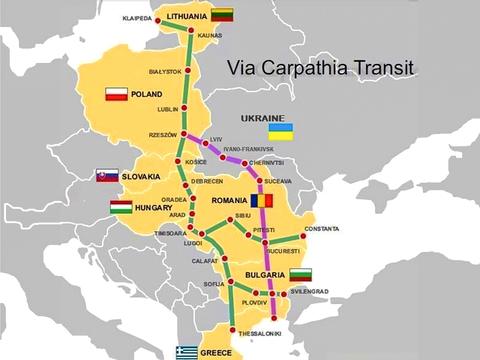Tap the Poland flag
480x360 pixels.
(116, 95)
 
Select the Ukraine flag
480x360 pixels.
(280, 132)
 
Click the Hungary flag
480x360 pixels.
(121, 207)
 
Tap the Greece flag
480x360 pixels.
(186, 352)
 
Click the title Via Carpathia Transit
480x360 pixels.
(320, 70)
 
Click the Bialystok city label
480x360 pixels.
(165, 72)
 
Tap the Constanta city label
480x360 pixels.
(322, 229)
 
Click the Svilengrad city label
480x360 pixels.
(309, 291)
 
